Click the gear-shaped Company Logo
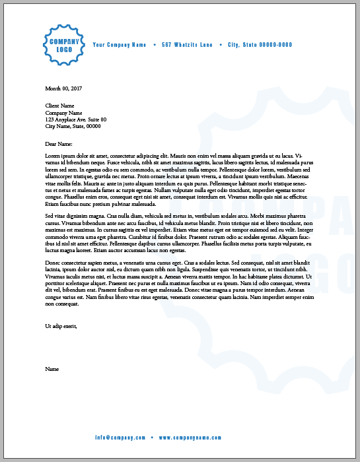[64, 45]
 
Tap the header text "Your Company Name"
[120, 45]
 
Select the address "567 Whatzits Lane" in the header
[188, 45]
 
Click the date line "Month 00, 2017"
[63, 88]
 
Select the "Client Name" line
[59, 106]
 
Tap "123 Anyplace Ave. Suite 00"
[76, 119]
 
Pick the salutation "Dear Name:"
[58, 143]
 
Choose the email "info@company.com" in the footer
[120, 438]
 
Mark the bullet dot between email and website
[151, 438]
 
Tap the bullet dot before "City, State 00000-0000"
[221, 45]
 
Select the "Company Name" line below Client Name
[63, 113]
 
